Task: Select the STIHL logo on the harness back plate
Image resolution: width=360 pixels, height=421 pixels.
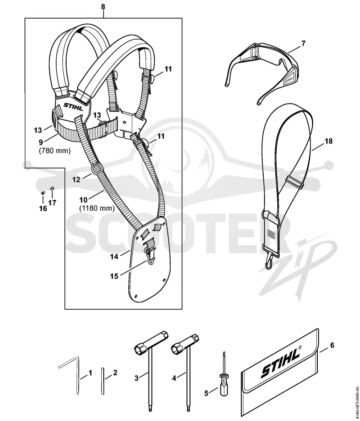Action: (x=73, y=106)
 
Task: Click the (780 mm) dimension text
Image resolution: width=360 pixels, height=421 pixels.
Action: (x=55, y=151)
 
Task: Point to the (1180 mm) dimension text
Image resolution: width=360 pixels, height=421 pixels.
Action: (x=97, y=208)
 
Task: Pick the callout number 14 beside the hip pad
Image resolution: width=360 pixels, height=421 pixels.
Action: (x=114, y=257)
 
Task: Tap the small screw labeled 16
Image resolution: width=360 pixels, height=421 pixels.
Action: (x=42, y=193)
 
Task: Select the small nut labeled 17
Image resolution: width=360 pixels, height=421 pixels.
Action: (x=52, y=188)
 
